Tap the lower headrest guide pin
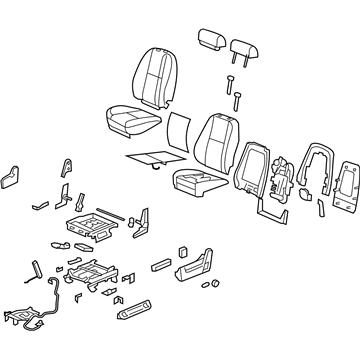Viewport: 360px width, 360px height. tap(237, 97)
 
